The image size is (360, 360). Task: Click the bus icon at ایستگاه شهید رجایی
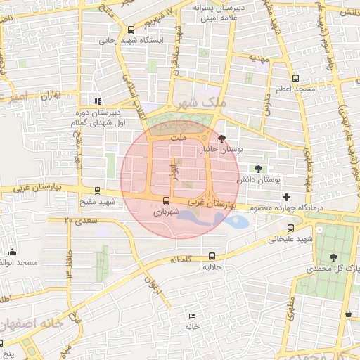(x=131, y=30)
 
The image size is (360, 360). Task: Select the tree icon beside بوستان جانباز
(x=223, y=139)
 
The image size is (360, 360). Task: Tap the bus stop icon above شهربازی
(x=166, y=199)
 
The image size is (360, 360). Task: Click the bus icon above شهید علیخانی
(x=291, y=228)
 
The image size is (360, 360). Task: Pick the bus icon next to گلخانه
(x=212, y=256)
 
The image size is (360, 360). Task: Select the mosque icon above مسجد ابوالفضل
(x=12, y=252)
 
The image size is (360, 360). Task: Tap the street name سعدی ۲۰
(x=77, y=221)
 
